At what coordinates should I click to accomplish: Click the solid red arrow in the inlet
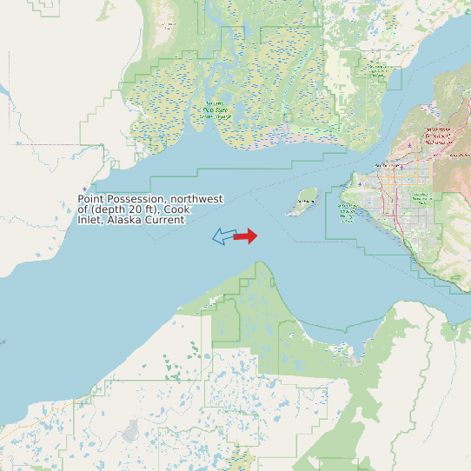246,235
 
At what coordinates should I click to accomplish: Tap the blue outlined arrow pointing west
224,235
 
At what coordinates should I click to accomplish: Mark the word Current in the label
165,220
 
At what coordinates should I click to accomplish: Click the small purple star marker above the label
84,189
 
